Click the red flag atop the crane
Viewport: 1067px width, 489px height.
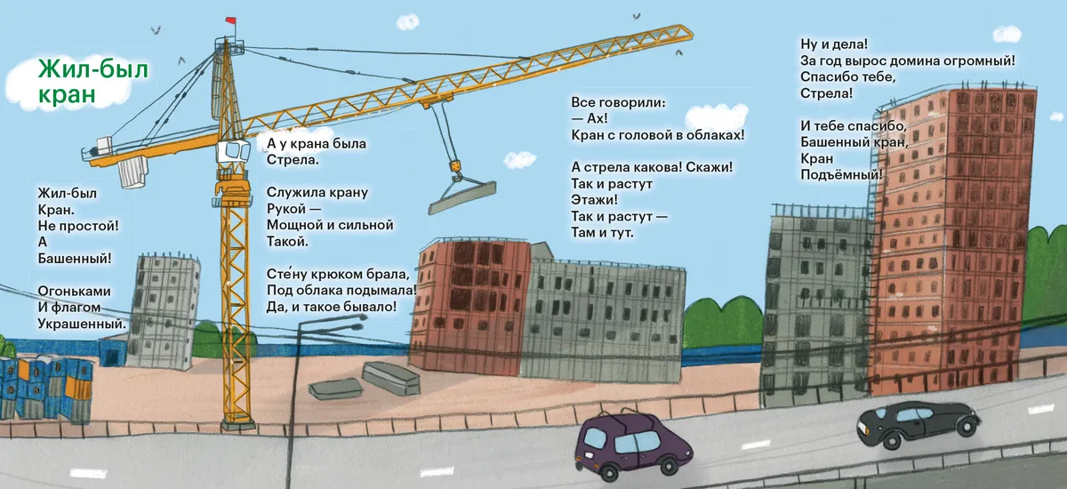coord(231,20)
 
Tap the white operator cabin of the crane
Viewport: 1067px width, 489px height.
coord(233,151)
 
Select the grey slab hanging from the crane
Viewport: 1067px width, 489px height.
coord(462,197)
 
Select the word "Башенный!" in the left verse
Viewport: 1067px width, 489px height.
coord(75,259)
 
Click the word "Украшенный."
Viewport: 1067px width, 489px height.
coord(82,324)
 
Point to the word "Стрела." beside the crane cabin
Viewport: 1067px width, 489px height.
coord(293,159)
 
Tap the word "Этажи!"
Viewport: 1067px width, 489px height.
coord(594,199)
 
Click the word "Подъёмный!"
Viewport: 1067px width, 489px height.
coord(841,175)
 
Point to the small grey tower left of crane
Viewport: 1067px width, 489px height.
coord(164,312)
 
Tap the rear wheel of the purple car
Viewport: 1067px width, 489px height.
coord(610,472)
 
